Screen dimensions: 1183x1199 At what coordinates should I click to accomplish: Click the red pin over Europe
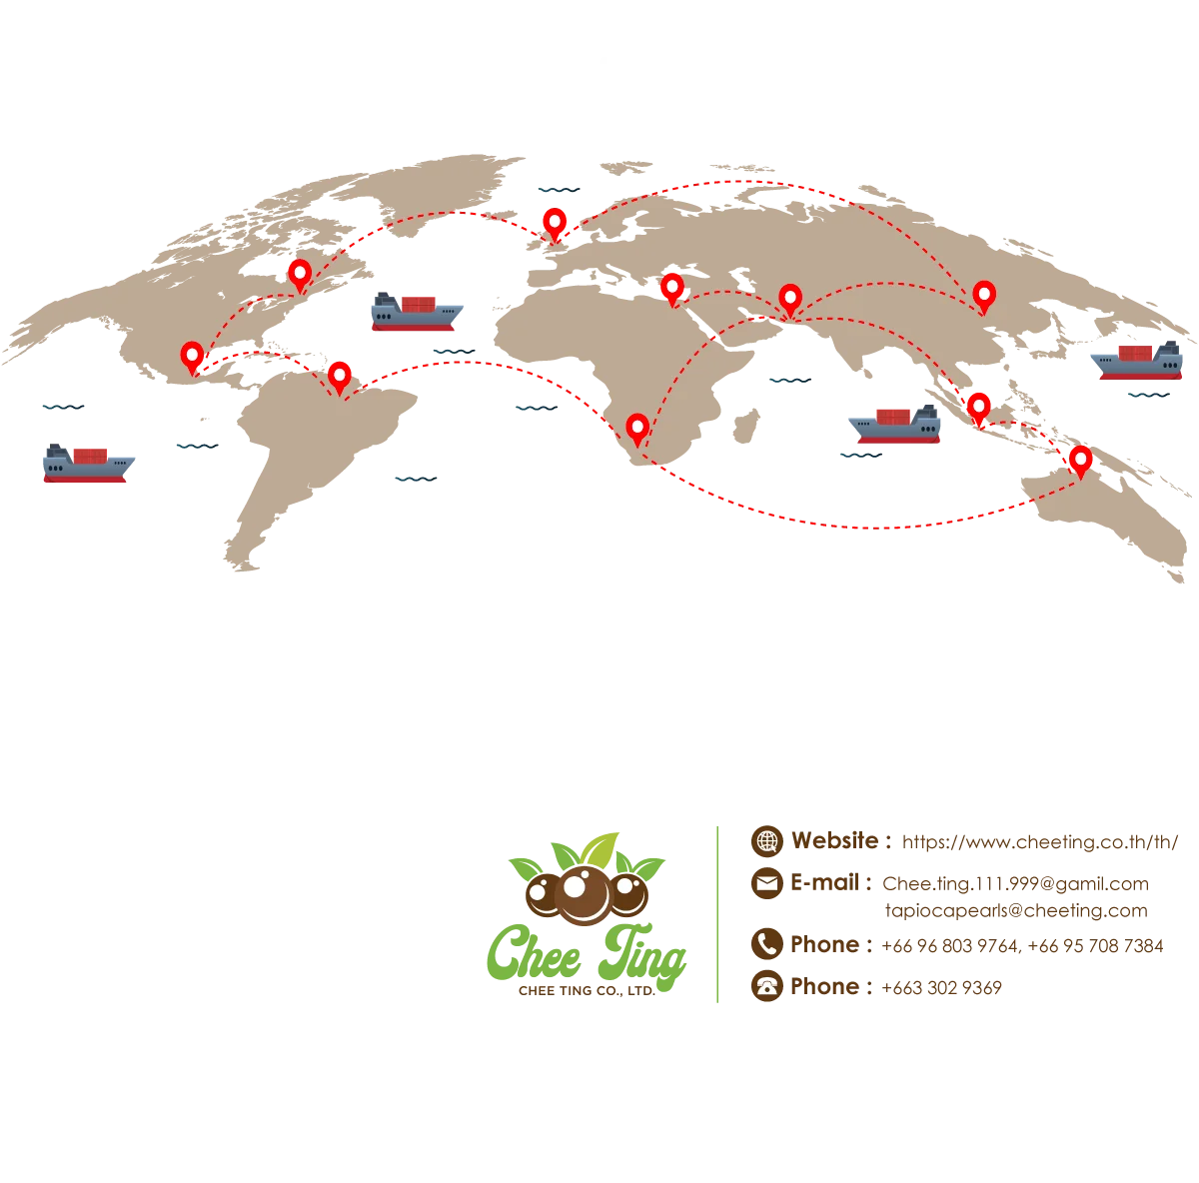(x=555, y=223)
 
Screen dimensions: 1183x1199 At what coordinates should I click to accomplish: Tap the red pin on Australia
(x=1080, y=460)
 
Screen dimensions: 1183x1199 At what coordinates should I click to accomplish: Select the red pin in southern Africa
(x=637, y=429)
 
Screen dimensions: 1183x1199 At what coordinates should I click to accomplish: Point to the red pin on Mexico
(x=192, y=356)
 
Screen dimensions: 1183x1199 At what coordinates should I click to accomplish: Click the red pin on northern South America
(x=340, y=376)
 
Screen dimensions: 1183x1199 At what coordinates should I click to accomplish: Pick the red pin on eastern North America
(x=300, y=273)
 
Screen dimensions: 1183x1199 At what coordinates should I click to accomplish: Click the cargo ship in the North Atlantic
(x=415, y=313)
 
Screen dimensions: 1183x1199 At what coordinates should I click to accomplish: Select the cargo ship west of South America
(x=87, y=466)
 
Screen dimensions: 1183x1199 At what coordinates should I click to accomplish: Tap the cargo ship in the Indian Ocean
(x=896, y=425)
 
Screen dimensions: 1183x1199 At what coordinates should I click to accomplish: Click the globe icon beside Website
(x=767, y=840)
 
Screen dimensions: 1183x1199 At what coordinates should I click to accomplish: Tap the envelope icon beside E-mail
(x=767, y=883)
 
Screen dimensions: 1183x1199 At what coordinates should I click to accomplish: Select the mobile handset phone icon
(x=767, y=943)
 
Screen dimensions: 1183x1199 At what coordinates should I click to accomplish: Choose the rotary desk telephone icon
(x=767, y=986)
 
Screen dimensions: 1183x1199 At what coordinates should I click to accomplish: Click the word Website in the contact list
(x=837, y=841)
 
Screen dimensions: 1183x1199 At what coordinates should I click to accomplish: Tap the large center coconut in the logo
(x=584, y=891)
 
